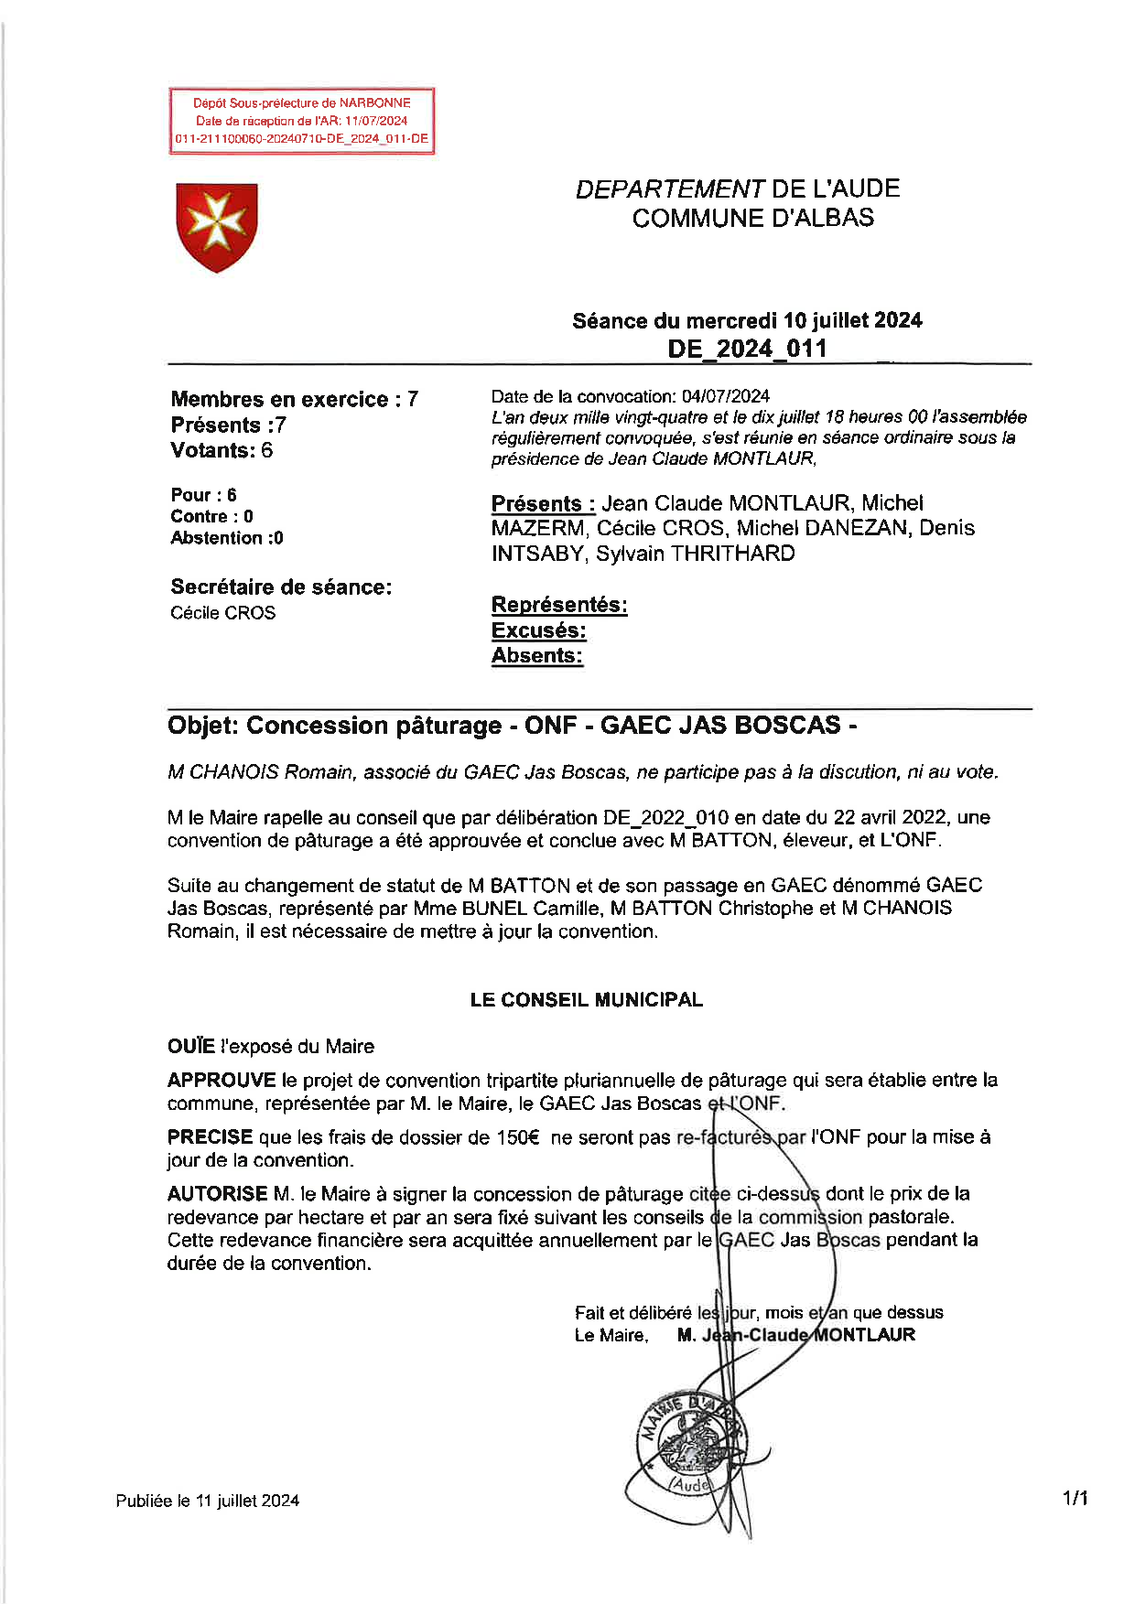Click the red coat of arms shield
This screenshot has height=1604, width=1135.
216,226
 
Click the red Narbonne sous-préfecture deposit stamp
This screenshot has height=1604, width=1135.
301,121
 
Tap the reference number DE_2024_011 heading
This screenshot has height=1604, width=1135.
747,349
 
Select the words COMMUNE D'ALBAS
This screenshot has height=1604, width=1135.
752,218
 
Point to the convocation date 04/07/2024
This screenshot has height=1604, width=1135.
725,396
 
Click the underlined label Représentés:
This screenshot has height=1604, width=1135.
559,605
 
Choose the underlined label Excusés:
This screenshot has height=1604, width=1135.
538,630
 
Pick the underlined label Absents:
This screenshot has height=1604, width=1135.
536,655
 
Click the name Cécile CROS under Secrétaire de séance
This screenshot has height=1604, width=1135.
222,613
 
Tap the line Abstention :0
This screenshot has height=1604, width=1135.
227,538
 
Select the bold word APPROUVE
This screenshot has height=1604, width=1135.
222,1080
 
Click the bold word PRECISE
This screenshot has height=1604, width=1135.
210,1136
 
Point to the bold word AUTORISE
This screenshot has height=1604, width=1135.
217,1193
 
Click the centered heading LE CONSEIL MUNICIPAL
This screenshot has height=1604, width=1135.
586,999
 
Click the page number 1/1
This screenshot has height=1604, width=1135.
1076,1498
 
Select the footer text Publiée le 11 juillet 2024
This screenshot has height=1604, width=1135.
208,1501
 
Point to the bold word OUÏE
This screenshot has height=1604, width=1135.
190,1046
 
